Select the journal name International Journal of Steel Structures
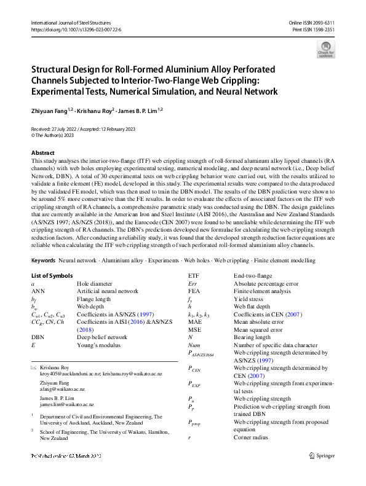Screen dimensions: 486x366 pyautogui.click(x=70, y=22)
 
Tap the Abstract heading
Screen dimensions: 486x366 pyautogui.click(x=42, y=152)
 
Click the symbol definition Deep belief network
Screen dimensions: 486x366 pyautogui.click(x=102, y=337)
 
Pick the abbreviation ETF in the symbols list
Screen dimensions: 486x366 pyautogui.click(x=193, y=276)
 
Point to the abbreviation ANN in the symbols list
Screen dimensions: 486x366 pyautogui.click(x=38, y=291)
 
